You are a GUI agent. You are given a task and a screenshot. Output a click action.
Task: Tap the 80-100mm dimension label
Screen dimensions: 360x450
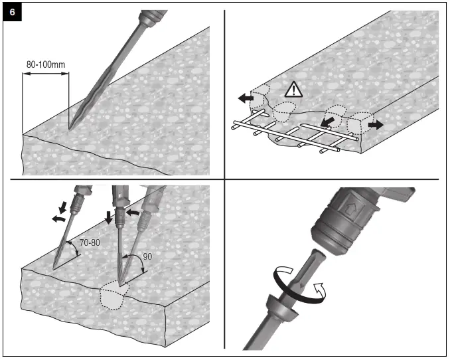coord(46,64)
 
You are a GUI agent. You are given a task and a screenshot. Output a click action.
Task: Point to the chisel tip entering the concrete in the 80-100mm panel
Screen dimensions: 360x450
coord(70,126)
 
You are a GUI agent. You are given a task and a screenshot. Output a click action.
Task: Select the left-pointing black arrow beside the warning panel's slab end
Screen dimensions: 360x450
coord(245,98)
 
